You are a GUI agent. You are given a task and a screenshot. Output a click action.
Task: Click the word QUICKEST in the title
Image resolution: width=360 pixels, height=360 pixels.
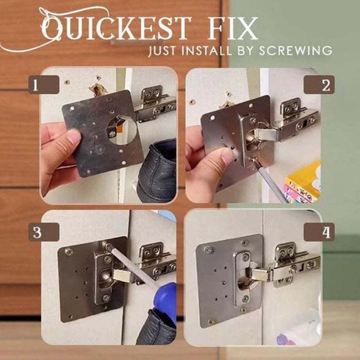click(x=119, y=28)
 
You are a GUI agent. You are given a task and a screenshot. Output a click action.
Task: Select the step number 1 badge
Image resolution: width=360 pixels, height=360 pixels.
click(x=44, y=84)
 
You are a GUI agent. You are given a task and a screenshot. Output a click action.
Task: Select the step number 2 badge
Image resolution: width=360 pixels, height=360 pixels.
click(x=319, y=84)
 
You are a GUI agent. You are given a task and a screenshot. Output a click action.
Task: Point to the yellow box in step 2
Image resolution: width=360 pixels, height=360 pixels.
click(x=304, y=178)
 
